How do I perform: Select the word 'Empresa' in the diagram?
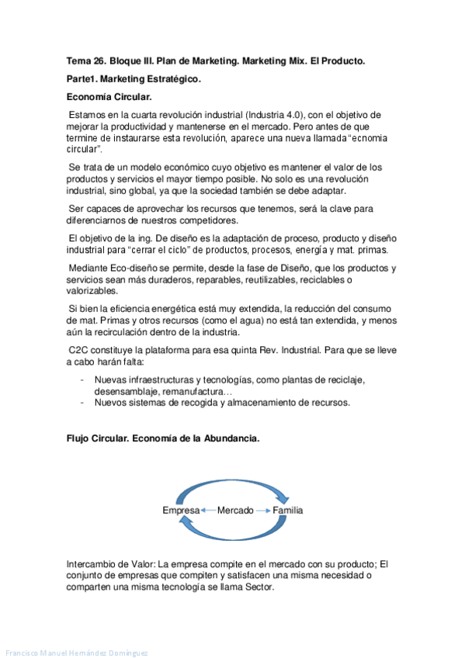pyautogui.click(x=181, y=511)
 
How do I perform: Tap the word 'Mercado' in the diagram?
pyautogui.click(x=235, y=511)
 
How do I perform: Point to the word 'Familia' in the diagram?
pyautogui.click(x=288, y=511)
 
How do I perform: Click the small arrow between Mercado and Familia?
pyautogui.click(x=263, y=511)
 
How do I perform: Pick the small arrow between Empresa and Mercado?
pyautogui.click(x=207, y=511)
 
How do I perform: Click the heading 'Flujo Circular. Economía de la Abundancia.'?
pyautogui.click(x=163, y=438)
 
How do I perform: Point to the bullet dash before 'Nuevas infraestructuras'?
pyautogui.click(x=83, y=380)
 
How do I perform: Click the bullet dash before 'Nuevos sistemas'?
pyautogui.click(x=83, y=403)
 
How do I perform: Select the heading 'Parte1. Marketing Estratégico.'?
pyautogui.click(x=134, y=79)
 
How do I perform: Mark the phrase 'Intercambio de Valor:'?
pyautogui.click(x=117, y=564)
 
